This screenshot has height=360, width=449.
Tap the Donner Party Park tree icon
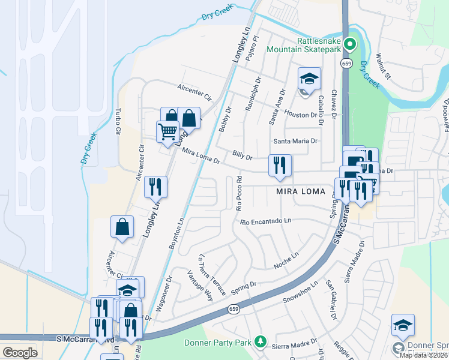click(x=260, y=341)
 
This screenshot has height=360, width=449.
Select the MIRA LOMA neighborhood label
click(x=300, y=192)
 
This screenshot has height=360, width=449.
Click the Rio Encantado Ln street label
click(x=265, y=222)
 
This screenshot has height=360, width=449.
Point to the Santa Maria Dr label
click(x=295, y=141)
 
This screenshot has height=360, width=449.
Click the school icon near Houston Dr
click(x=309, y=79)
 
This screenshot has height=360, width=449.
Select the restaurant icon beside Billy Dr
click(x=279, y=165)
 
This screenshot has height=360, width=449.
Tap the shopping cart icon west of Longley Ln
click(x=167, y=131)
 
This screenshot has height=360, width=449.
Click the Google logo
click(x=20, y=352)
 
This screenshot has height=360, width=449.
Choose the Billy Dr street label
click(x=242, y=156)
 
